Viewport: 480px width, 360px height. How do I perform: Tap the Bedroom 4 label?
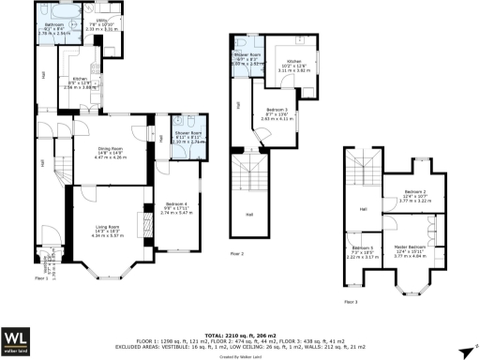pyautogui.click(x=176, y=206)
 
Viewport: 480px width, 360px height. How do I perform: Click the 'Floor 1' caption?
pyautogui.click(x=41, y=278)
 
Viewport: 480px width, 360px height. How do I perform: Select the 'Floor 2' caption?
pyautogui.click(x=237, y=254)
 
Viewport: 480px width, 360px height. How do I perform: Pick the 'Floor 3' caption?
pyautogui.click(x=350, y=302)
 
